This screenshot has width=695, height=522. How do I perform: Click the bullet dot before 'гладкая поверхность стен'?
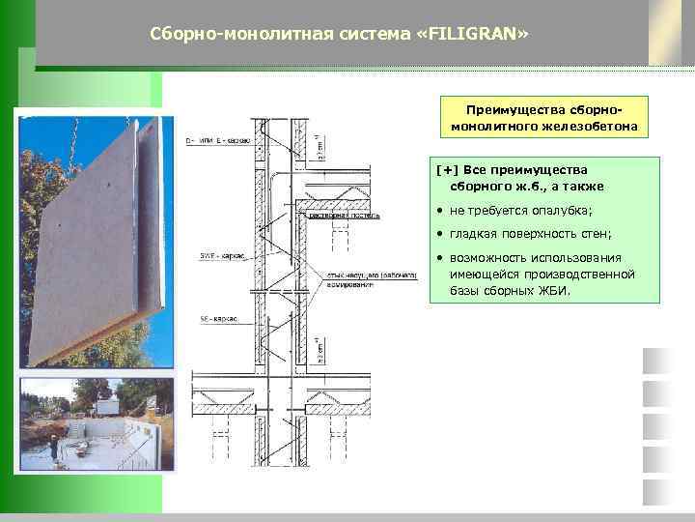tap(439, 234)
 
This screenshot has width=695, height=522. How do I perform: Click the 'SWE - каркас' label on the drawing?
tap(221, 256)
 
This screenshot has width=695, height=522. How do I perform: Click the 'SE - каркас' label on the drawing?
tap(219, 317)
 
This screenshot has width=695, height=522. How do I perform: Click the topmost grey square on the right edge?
tap(656, 361)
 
